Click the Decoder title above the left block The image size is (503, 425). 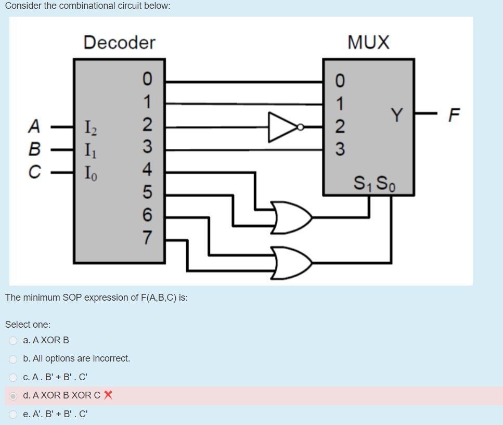[x=119, y=42]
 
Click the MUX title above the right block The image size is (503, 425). [x=368, y=42]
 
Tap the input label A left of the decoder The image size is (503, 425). [x=34, y=126]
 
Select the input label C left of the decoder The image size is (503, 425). [x=34, y=171]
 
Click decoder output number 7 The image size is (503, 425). [x=148, y=238]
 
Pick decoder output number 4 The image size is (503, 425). [x=148, y=170]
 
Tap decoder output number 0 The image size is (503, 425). [x=148, y=79]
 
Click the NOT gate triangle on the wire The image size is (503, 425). [x=281, y=126]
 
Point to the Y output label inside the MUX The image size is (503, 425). [x=397, y=114]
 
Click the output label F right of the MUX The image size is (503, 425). [x=454, y=114]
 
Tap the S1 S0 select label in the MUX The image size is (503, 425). [x=373, y=183]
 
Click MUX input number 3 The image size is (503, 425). [x=339, y=150]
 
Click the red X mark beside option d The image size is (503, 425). [x=108, y=395]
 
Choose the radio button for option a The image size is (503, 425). [x=13, y=341]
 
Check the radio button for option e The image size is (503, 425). [x=13, y=415]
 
